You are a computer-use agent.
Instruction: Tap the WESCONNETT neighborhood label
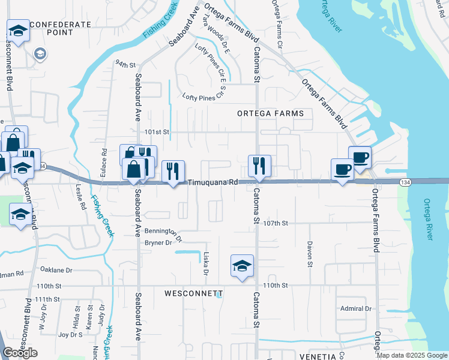[x=193, y=294]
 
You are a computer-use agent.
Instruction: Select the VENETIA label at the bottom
[x=317, y=356]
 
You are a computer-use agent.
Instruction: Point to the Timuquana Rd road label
[x=212, y=182]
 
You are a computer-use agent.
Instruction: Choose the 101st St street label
[x=158, y=131]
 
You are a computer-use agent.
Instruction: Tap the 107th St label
[x=276, y=223]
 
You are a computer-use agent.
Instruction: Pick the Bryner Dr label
[x=158, y=242]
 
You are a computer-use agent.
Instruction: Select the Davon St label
[x=310, y=254]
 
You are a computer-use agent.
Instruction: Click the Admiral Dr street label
[x=356, y=308]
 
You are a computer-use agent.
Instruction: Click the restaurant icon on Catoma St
[x=260, y=166]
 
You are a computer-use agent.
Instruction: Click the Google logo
[x=20, y=353]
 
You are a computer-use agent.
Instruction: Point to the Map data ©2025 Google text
[x=412, y=355]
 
